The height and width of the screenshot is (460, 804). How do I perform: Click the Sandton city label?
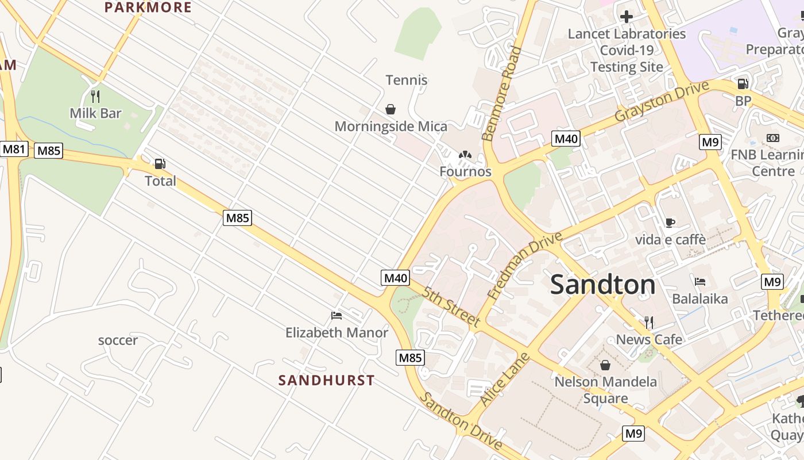point(602,285)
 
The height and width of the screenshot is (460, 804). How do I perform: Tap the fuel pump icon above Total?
point(160,164)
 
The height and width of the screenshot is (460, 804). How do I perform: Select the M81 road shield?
point(14,149)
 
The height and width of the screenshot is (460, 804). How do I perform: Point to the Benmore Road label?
point(502,94)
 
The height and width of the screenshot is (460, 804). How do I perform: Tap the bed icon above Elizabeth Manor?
point(337,316)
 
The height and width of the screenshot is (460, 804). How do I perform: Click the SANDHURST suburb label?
point(326,380)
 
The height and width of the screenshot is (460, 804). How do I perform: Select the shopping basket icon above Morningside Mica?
point(391,109)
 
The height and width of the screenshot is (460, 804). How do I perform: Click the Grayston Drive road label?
point(661,101)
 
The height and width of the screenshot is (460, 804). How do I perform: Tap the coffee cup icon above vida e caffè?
point(670,223)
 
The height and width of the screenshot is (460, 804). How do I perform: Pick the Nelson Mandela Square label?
point(605,390)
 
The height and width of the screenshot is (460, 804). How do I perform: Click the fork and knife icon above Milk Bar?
point(95,96)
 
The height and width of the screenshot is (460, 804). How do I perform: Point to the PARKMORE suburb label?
point(148,7)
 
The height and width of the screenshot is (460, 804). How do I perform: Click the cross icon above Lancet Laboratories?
point(627,17)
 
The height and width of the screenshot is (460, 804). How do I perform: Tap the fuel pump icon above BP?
point(743,84)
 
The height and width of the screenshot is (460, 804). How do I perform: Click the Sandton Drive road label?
point(461,421)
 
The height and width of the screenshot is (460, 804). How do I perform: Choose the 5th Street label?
point(451,307)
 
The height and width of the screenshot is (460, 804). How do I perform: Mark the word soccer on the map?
point(118,340)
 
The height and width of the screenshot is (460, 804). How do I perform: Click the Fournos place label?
point(465,171)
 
